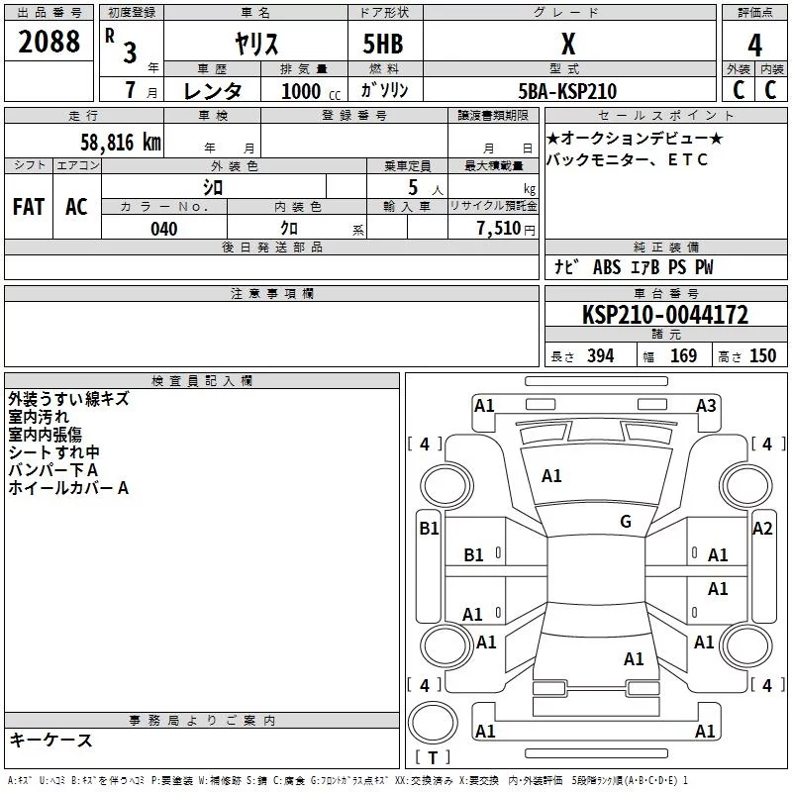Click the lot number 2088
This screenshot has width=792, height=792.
click(x=49, y=42)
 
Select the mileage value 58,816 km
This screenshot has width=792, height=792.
click(x=121, y=143)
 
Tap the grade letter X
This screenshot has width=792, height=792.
click(x=568, y=44)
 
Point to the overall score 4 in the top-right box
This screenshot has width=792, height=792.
click(x=754, y=45)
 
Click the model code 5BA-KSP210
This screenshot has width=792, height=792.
click(x=567, y=91)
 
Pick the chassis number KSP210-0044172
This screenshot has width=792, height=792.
click(x=665, y=315)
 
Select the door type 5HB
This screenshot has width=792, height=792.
click(x=383, y=44)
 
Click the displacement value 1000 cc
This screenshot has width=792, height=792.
click(x=311, y=91)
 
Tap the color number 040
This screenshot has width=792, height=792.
click(x=164, y=229)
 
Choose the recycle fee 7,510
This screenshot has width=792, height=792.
click(x=499, y=229)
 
